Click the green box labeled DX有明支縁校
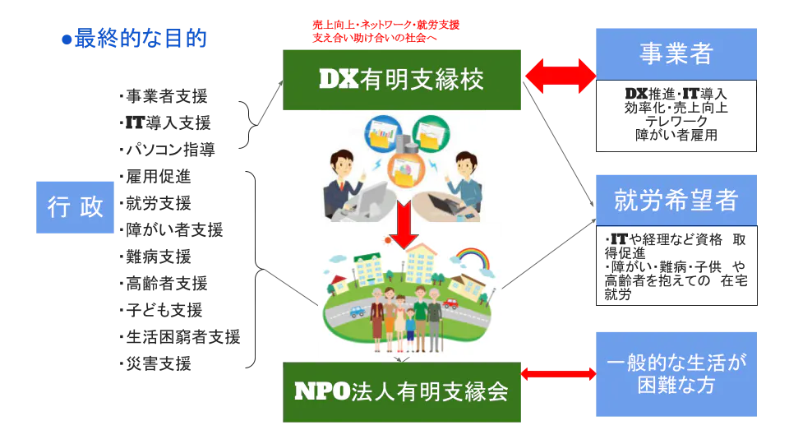pyautogui.click(x=403, y=79)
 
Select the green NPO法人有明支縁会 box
pyautogui.click(x=403, y=392)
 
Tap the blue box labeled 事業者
pyautogui.click(x=676, y=53)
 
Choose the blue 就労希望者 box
pyautogui.click(x=676, y=200)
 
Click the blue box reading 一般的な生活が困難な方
pyautogui.click(x=677, y=374)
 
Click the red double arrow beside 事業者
pyautogui.click(x=560, y=76)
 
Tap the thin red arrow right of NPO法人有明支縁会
pyautogui.click(x=558, y=374)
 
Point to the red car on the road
pyautogui.click(x=450, y=303)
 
